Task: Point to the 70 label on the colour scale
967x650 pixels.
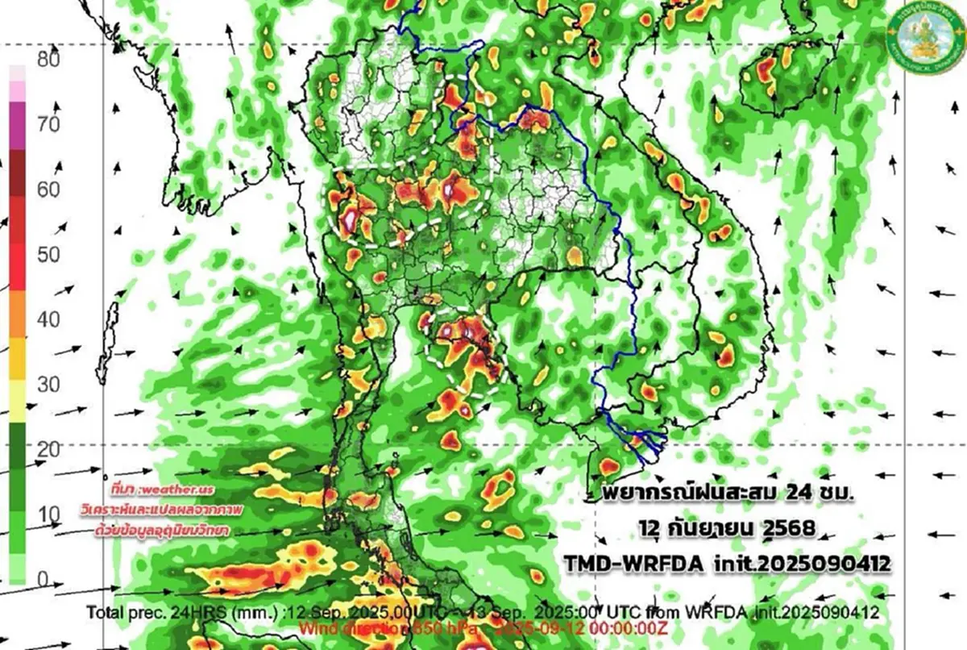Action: [49, 124]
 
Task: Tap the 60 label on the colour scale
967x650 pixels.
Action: [49, 190]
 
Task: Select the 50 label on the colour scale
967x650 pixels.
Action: [49, 255]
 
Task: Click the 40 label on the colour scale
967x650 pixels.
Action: [49, 319]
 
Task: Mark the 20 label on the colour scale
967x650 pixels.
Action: [49, 449]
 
